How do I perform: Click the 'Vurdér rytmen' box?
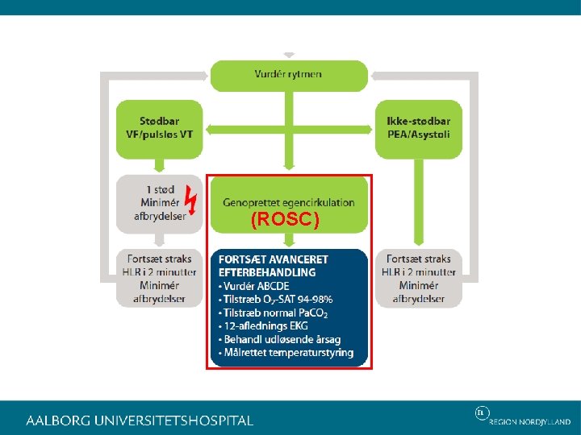click(x=288, y=74)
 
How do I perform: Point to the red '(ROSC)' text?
click(x=285, y=219)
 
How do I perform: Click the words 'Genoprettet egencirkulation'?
click(x=288, y=203)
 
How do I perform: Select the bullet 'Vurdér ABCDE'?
click(x=257, y=286)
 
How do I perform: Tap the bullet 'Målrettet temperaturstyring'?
click(x=289, y=352)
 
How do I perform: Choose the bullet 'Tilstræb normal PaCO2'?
click(x=277, y=313)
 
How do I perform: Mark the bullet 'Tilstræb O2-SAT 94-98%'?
click(x=278, y=299)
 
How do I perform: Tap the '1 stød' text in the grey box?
click(x=160, y=189)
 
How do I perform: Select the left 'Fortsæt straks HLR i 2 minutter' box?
click(x=160, y=278)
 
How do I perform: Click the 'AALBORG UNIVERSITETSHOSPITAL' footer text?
click(x=140, y=420)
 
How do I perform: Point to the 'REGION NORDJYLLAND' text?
click(x=529, y=421)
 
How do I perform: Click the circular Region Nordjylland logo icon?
click(x=482, y=413)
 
